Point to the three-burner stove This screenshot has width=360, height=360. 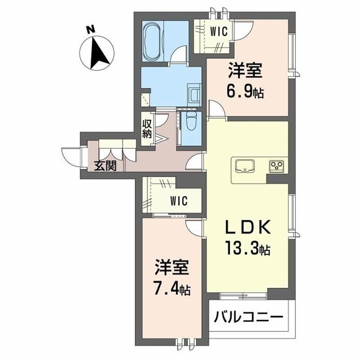pyautogui.click(x=277, y=165)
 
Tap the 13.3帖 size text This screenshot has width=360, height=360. pyautogui.click(x=249, y=248)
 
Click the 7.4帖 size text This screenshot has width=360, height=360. pyautogui.click(x=172, y=290)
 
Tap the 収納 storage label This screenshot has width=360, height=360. pyautogui.click(x=147, y=129)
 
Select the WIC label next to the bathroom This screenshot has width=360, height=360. pyautogui.click(x=218, y=31)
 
